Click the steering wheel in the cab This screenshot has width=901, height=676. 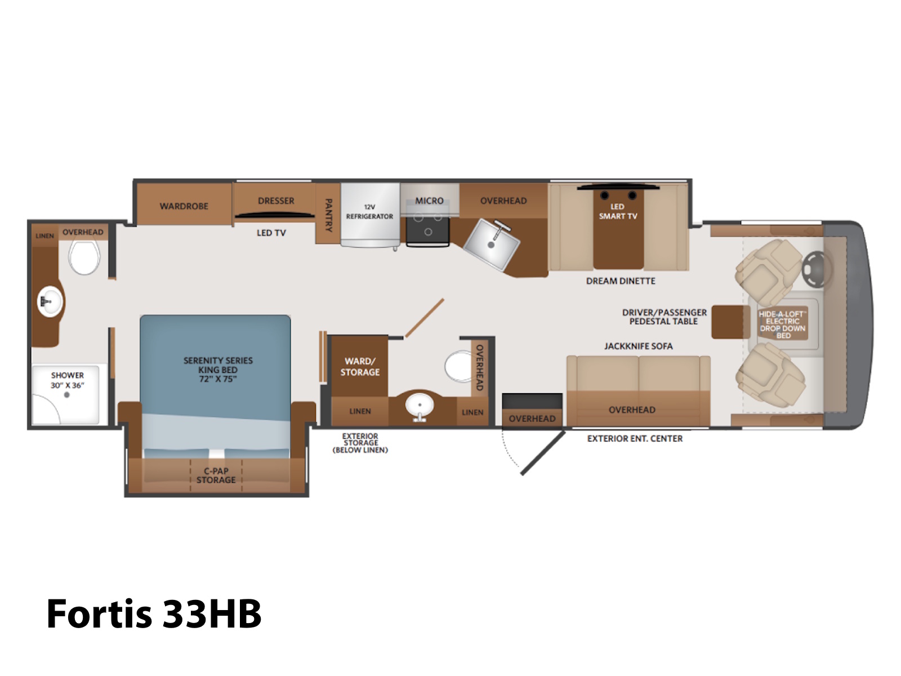click(816, 269)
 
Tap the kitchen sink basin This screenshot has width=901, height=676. click(492, 244)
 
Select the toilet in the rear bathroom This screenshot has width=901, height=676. click(84, 256)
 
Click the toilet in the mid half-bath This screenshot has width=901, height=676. click(459, 367)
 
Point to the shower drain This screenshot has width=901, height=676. click(66, 395)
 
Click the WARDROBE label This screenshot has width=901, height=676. click(184, 206)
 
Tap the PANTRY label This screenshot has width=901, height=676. click(328, 215)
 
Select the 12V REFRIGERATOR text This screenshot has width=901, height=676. click(369, 212)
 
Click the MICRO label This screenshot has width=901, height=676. click(429, 201)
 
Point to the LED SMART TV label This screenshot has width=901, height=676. click(618, 211)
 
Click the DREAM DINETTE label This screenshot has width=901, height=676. click(621, 281)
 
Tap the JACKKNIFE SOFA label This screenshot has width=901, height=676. click(638, 346)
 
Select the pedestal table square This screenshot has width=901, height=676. click(730, 322)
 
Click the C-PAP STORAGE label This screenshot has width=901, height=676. click(216, 475)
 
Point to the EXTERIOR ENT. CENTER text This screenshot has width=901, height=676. click(635, 439)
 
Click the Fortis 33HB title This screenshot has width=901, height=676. click(154, 614)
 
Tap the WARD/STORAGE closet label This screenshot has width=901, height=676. click(360, 367)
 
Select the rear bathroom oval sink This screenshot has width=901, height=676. click(50, 302)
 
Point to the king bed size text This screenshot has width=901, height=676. click(218, 379)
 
